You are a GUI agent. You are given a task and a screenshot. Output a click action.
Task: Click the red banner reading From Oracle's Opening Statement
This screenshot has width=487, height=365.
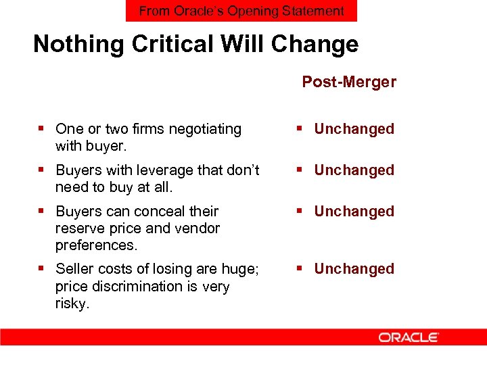241,11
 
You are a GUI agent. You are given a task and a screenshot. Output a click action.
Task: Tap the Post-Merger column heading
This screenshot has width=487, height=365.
349,82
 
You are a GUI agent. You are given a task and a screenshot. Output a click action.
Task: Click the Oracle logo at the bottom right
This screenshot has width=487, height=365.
409,337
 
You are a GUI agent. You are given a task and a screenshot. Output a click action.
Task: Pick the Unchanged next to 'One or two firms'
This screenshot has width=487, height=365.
354,129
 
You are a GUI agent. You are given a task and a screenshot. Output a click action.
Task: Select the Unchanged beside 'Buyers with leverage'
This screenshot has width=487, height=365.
354,170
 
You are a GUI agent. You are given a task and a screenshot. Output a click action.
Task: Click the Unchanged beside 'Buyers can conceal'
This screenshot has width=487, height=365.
354,212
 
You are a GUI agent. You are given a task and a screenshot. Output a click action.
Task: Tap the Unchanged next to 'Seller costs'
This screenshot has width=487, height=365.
354,269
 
